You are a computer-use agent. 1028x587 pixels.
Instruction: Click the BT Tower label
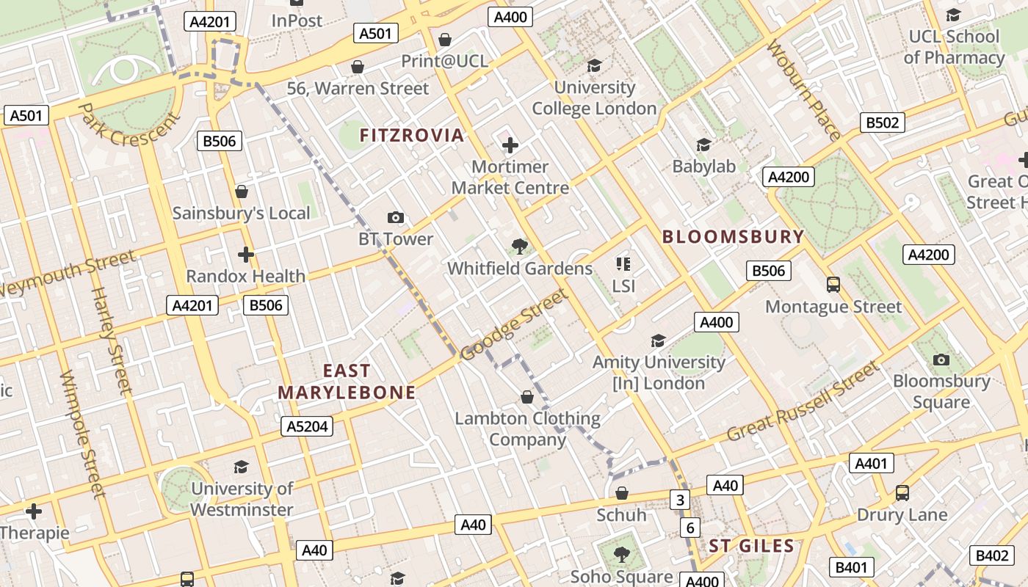click(x=396, y=239)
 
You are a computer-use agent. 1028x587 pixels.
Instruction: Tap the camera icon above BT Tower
click(x=396, y=217)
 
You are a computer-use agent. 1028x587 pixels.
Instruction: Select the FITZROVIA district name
click(x=412, y=135)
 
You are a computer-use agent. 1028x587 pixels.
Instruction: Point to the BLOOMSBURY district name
click(x=733, y=236)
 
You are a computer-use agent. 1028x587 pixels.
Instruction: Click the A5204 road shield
click(x=307, y=426)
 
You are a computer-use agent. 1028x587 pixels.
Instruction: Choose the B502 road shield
click(x=882, y=123)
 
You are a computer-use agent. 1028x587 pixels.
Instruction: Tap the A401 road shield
click(x=872, y=463)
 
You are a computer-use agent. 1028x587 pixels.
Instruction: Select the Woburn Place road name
click(x=804, y=90)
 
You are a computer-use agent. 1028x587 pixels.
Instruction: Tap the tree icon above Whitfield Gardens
click(x=520, y=246)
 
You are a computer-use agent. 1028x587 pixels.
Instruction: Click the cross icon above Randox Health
click(x=246, y=255)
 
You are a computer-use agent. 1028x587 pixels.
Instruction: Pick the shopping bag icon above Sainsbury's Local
click(x=242, y=192)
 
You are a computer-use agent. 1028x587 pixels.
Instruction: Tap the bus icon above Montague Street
click(x=833, y=284)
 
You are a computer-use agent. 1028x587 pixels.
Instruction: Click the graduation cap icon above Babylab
click(x=703, y=145)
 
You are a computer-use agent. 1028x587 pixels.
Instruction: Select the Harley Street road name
click(x=110, y=340)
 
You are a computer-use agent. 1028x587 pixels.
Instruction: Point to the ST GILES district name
click(x=751, y=546)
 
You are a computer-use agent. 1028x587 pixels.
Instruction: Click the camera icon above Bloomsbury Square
click(x=941, y=360)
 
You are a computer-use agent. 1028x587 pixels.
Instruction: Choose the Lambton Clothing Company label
click(x=527, y=429)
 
